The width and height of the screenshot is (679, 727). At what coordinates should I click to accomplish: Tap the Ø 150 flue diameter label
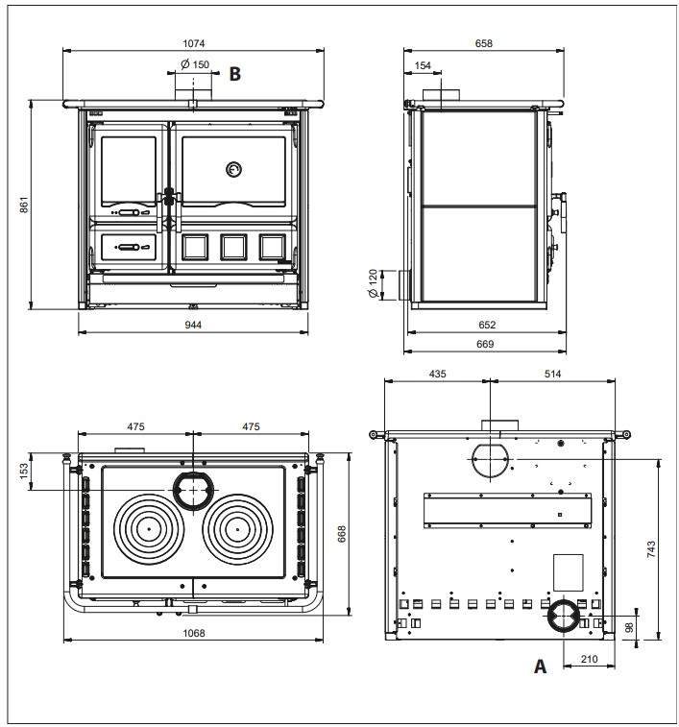(194, 64)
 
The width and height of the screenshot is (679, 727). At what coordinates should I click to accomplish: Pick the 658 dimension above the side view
(484, 42)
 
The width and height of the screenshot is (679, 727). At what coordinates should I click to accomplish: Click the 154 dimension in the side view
(424, 64)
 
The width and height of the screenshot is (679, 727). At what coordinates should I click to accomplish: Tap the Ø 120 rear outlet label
(373, 285)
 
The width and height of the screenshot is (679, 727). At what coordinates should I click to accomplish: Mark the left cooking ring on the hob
(149, 529)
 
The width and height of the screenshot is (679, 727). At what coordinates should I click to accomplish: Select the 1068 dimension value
(195, 634)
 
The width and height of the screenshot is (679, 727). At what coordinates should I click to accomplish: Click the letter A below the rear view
(541, 665)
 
